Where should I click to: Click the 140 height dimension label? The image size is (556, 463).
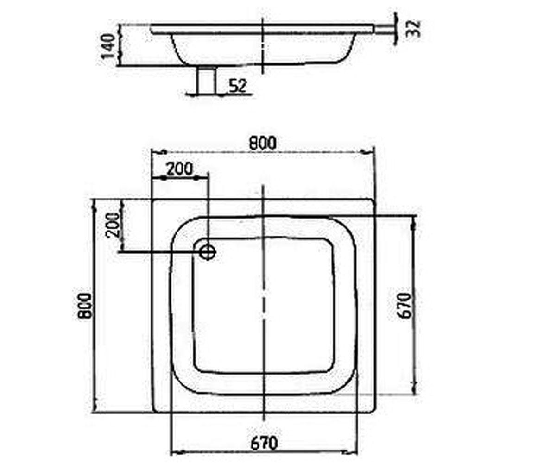click(x=108, y=45)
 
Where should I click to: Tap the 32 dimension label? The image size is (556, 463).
click(x=414, y=28)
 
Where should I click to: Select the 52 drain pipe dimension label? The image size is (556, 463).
click(x=238, y=86)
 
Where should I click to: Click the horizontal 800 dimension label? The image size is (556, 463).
click(x=263, y=143)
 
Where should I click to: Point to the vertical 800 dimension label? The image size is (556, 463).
click(x=85, y=306)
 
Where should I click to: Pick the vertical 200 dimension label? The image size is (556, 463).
click(x=113, y=225)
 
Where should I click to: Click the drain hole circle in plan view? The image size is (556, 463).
click(x=207, y=252)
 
